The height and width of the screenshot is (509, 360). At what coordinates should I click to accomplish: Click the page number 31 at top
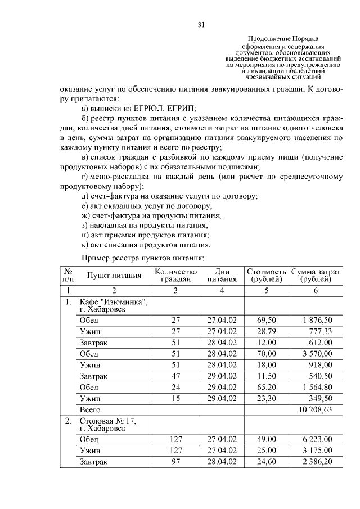tap(201, 24)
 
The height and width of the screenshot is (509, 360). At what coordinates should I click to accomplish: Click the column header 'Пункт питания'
tap(113, 275)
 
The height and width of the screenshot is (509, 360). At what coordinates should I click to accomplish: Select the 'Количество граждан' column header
tap(175, 275)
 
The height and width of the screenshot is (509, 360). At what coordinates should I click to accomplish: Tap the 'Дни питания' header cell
tap(222, 275)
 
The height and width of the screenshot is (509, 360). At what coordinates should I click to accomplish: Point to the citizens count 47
tap(175, 376)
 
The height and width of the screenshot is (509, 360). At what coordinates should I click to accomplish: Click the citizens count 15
tap(175, 399)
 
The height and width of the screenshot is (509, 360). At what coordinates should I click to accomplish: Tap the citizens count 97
tap(175, 462)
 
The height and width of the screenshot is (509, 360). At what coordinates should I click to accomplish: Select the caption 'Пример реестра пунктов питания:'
tap(143, 257)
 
